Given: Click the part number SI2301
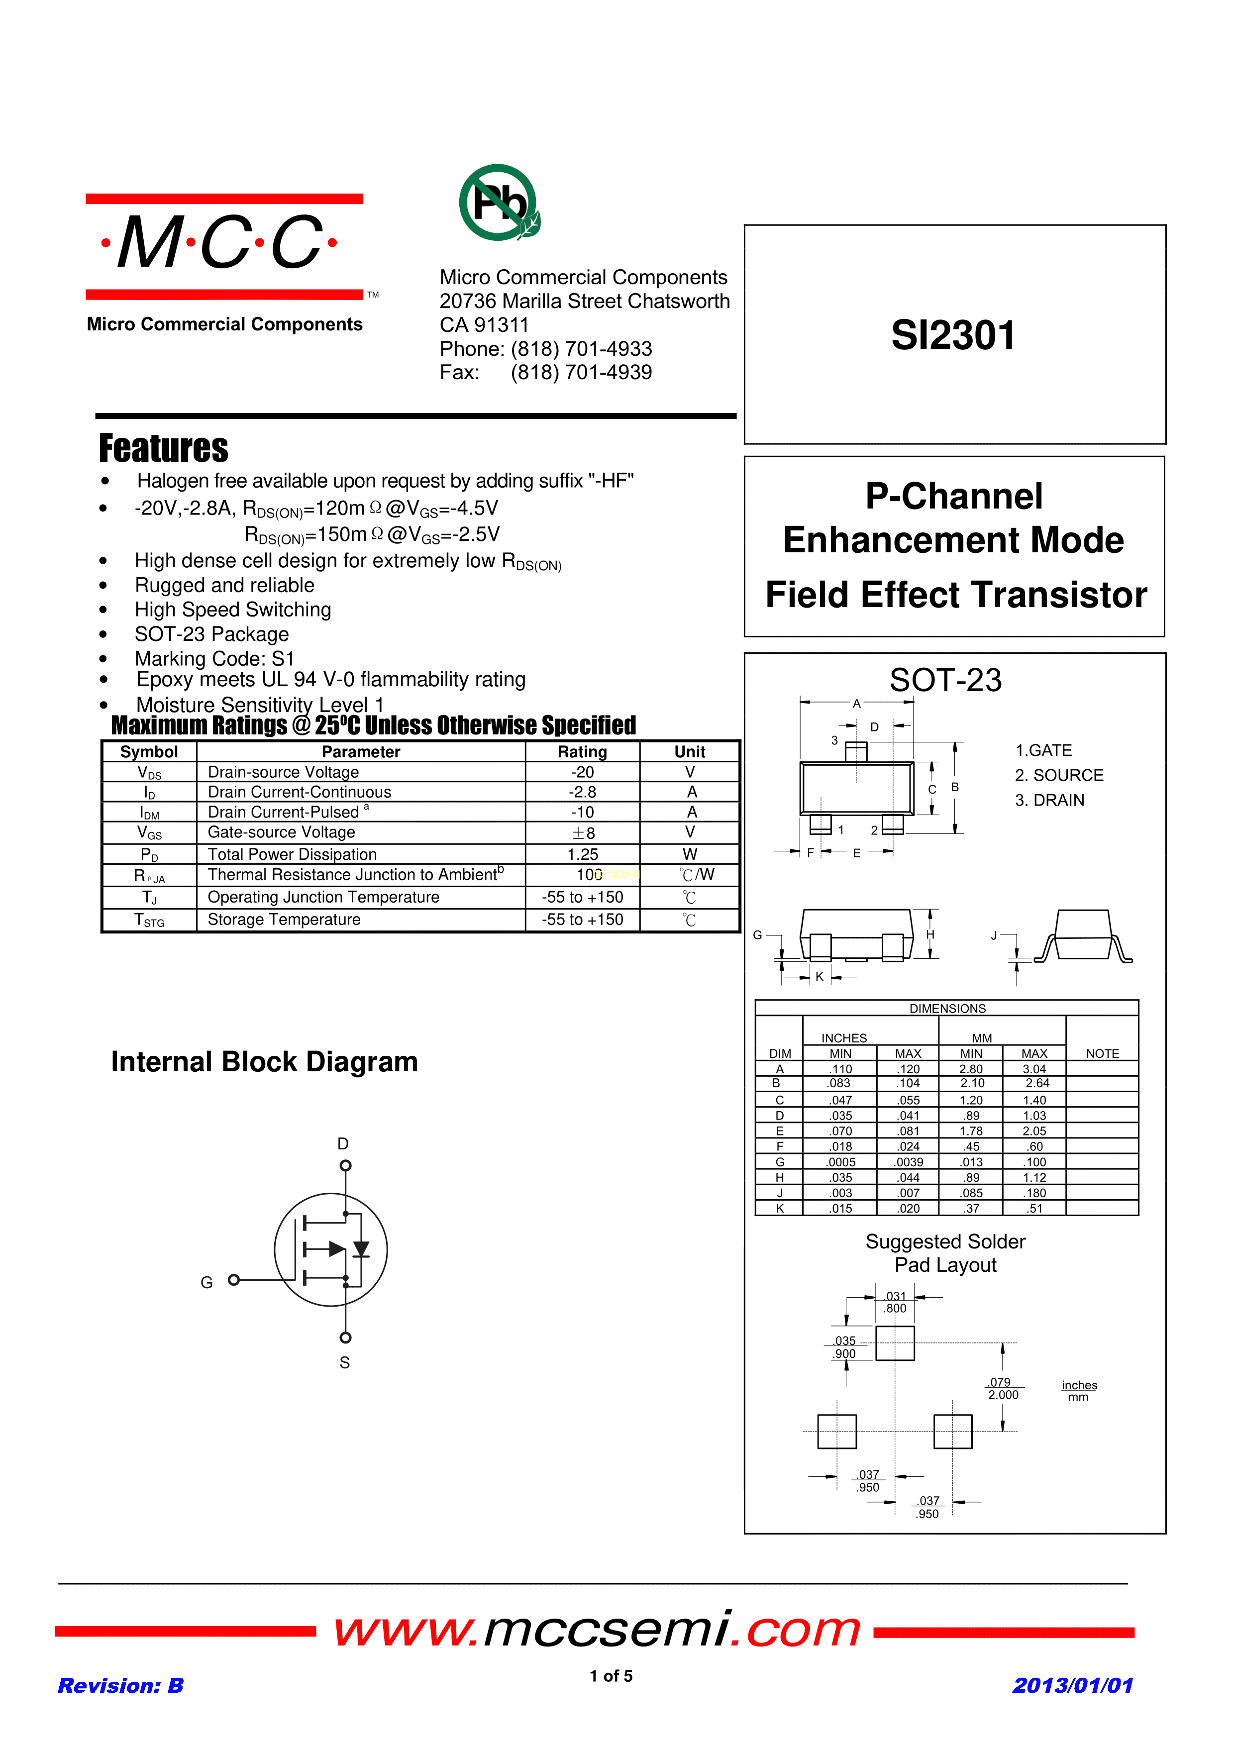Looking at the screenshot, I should pos(953,335).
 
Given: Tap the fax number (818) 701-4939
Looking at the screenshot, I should pos(581,373).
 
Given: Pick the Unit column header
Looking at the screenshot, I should pos(690,752).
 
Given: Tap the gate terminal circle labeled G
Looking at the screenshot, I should pos(234,1280).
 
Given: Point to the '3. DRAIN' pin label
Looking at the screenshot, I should pos(1049,800).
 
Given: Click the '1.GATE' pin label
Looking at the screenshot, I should pos(1043,750).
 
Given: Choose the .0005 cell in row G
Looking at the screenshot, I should pos(841,1162).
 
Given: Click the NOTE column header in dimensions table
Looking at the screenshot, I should pos(1102,1053).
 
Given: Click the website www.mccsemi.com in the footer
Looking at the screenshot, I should pos(597,1630).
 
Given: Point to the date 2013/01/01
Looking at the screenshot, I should pos(1073,1685).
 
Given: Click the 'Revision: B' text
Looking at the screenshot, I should pos(121,1685).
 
